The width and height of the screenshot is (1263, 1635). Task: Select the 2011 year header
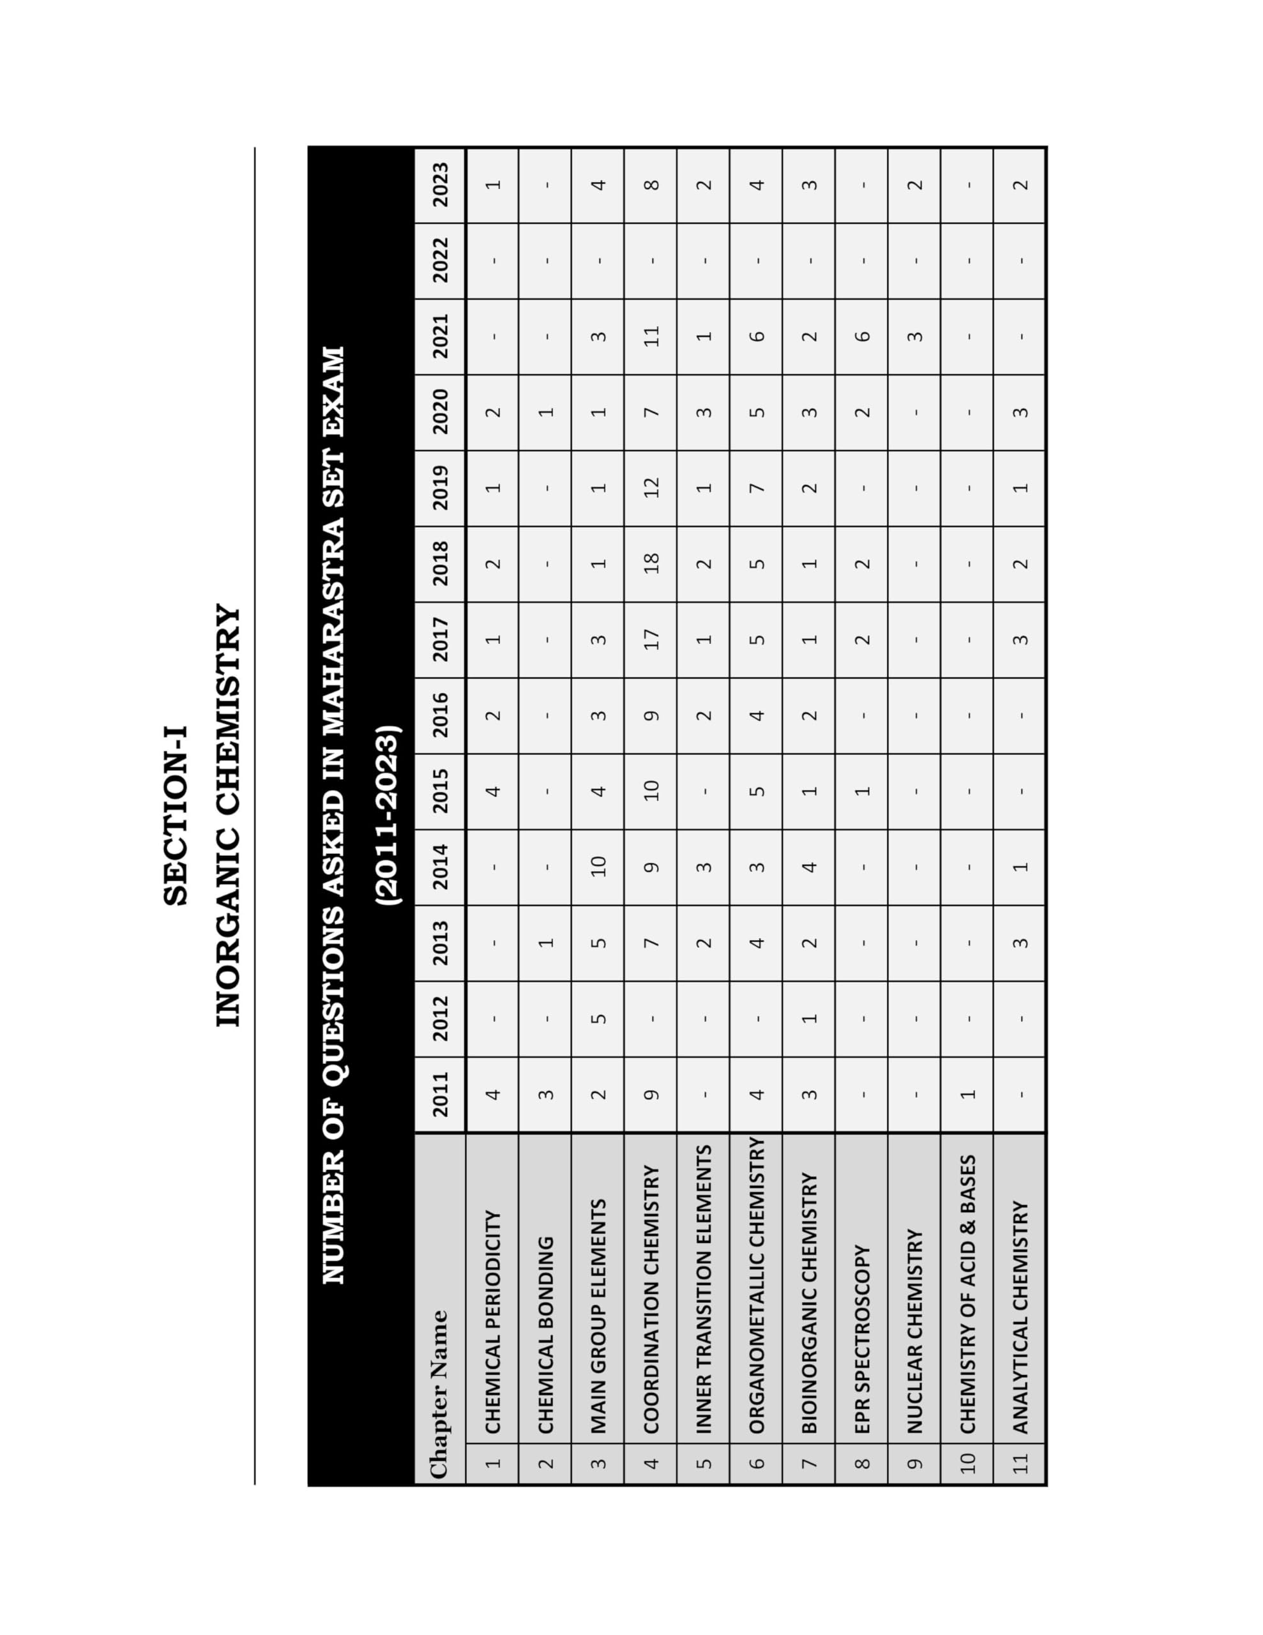click(440, 1094)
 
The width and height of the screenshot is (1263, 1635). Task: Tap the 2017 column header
click(440, 639)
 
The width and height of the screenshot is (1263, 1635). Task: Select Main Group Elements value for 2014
click(598, 866)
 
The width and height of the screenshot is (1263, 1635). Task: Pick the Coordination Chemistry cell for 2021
click(651, 336)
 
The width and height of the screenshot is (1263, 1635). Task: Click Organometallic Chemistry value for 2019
click(756, 487)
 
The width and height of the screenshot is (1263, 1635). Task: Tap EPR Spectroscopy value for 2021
click(862, 336)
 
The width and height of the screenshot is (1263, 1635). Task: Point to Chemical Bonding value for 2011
click(545, 1094)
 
